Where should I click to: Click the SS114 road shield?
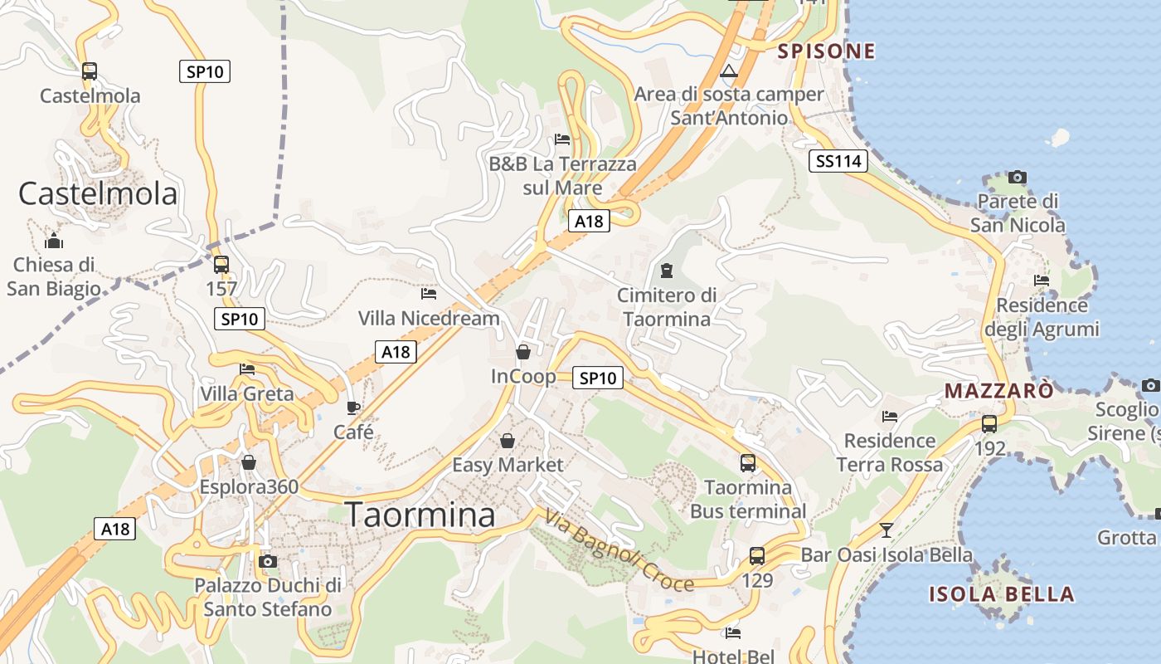(x=838, y=161)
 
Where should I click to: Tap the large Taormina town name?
(x=420, y=515)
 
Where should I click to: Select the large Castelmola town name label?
(x=98, y=193)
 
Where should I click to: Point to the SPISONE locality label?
(x=826, y=51)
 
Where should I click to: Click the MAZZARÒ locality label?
(x=1000, y=390)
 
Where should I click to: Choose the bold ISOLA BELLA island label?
(x=1001, y=594)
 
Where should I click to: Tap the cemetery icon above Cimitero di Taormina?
(x=666, y=270)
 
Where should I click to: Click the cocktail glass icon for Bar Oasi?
(x=887, y=530)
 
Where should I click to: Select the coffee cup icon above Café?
(x=353, y=408)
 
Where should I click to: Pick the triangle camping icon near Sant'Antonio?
(x=729, y=71)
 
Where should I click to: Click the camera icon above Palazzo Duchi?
(x=267, y=561)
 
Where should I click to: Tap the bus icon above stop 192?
(x=989, y=423)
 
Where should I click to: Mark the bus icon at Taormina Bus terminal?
(x=748, y=462)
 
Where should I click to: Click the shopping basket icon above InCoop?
(x=523, y=352)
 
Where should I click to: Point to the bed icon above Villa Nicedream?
(x=429, y=293)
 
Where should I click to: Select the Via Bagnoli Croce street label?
(x=619, y=550)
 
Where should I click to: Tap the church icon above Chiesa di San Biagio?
(x=54, y=242)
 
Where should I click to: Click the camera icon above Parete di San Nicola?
(x=1018, y=177)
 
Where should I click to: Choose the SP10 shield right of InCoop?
(x=597, y=378)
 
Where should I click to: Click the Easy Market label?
(x=508, y=465)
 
